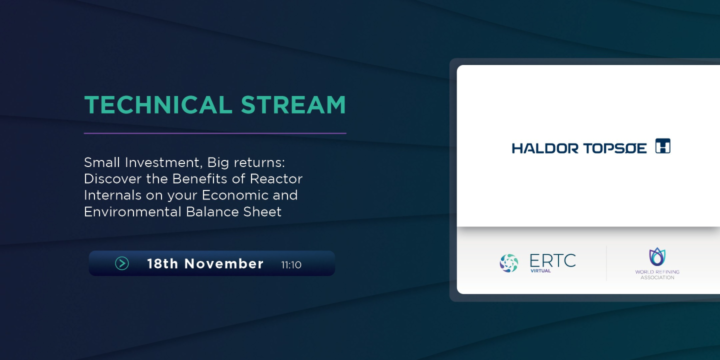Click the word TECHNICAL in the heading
[x=156, y=105]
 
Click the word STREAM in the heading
[x=293, y=105]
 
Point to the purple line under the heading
[x=215, y=133]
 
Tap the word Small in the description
[x=101, y=162]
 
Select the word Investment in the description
[x=160, y=162]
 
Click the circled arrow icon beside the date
[x=122, y=263]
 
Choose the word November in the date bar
[x=224, y=263]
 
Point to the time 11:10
[x=291, y=264]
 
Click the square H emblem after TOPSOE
[x=662, y=146]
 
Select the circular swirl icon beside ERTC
[x=509, y=263]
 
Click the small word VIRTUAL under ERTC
[x=540, y=271]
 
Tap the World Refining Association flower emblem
[x=657, y=256]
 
